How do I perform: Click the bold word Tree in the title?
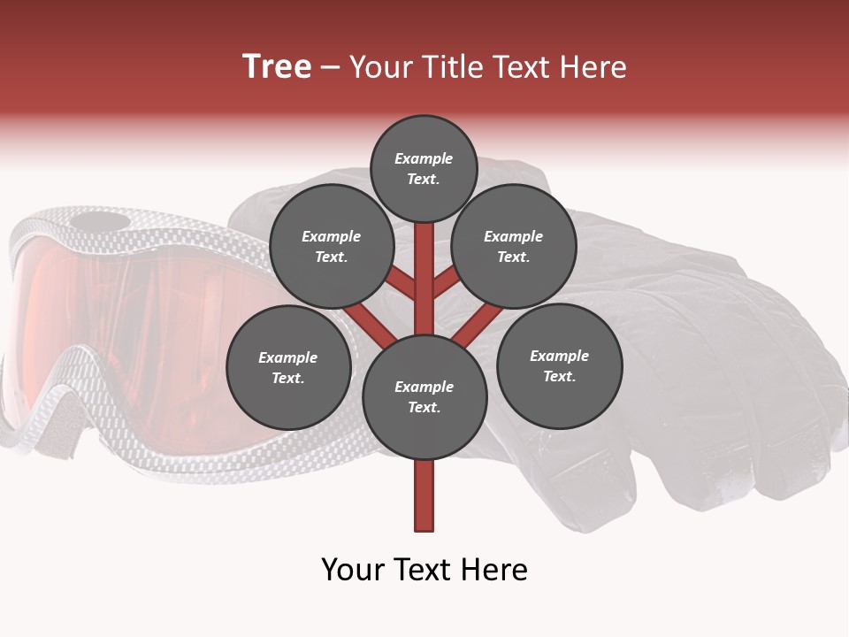277,67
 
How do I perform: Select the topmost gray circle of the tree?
424,168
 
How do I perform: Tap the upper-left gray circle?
331,246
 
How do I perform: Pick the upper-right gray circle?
514,246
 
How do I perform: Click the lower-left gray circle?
288,367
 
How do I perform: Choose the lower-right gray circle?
559,365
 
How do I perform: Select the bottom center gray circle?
424,396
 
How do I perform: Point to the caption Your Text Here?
424,570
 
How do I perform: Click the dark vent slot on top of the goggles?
97,220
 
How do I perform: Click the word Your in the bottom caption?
351,570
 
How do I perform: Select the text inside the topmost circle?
424,168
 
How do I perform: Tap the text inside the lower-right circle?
559,365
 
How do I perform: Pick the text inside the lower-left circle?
288,367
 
